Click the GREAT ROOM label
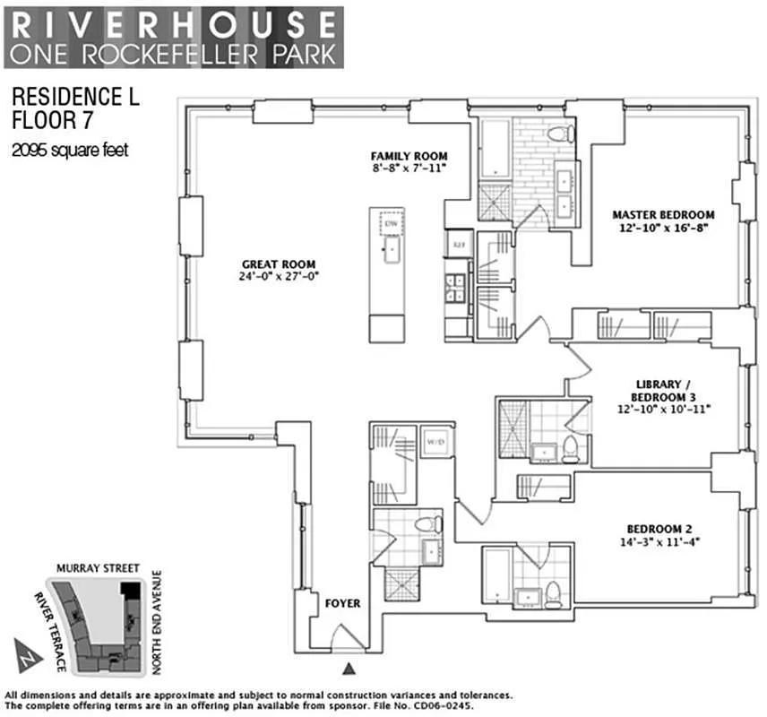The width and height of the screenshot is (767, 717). [279, 263]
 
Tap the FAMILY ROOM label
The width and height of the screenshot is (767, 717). [409, 156]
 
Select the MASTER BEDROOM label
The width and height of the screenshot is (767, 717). [663, 215]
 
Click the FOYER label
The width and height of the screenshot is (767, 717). [342, 603]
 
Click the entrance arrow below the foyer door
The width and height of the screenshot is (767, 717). [349, 667]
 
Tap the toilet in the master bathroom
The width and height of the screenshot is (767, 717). [559, 135]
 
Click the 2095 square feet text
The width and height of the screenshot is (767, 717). [69, 151]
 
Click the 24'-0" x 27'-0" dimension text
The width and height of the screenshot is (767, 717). [279, 277]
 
